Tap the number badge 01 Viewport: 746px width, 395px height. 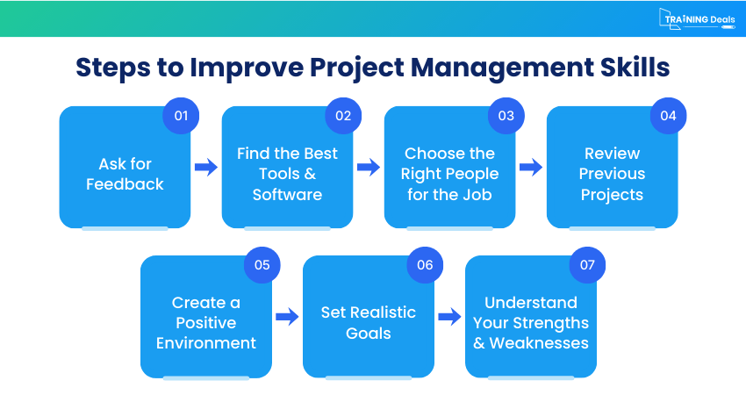click(181, 116)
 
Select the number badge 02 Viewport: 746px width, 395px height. click(343, 116)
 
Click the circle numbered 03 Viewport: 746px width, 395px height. click(506, 116)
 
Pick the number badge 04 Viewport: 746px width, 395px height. click(668, 116)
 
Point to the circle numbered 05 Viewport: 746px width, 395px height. click(262, 265)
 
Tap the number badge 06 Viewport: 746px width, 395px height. click(425, 265)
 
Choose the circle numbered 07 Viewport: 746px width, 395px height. click(587, 265)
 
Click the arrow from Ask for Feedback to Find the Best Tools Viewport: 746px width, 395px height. click(206, 168)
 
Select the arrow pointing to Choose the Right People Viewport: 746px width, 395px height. click(369, 168)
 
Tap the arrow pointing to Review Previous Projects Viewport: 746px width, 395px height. click(531, 168)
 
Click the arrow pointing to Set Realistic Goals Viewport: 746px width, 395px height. click(287, 317)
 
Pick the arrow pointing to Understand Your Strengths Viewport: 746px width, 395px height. click(449, 317)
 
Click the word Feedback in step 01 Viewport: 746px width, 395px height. click(125, 184)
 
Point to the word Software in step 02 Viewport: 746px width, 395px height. click(287, 194)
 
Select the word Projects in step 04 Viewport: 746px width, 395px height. click(612, 194)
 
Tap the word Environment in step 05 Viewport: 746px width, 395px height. click(206, 342)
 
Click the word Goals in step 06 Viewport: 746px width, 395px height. click(369, 333)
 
